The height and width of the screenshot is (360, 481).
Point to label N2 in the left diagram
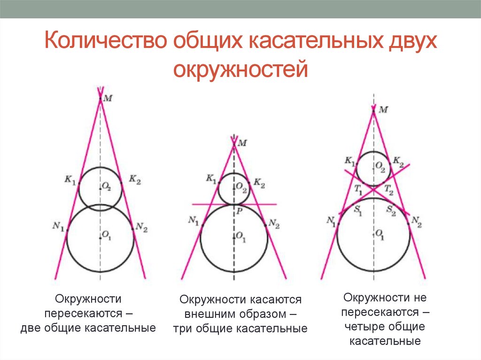click(141, 228)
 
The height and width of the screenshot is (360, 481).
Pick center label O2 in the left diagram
click(107, 187)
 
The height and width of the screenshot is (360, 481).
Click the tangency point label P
click(239, 212)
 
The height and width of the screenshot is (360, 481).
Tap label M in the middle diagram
click(242, 143)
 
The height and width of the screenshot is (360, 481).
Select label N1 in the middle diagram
click(194, 220)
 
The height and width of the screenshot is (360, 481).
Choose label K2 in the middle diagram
click(259, 183)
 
